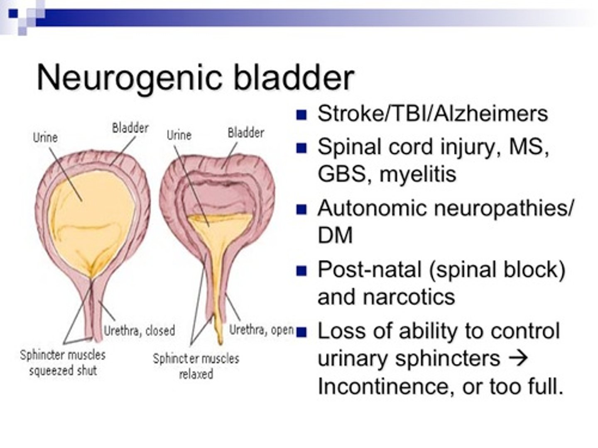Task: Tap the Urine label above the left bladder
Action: pyautogui.click(x=45, y=137)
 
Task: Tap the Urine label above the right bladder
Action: pyautogui.click(x=179, y=135)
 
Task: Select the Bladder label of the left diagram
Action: pyautogui.click(x=130, y=128)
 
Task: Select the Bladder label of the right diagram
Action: pyautogui.click(x=246, y=133)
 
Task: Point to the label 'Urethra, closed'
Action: pyautogui.click(x=139, y=331)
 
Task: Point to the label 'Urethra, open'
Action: pyautogui.click(x=261, y=330)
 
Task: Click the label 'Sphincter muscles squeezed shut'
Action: pyautogui.click(x=63, y=363)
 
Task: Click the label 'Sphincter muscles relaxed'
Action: pyautogui.click(x=196, y=366)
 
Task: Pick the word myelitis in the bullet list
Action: pyautogui.click(x=418, y=174)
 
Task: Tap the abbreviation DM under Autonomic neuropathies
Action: pyautogui.click(x=335, y=235)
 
